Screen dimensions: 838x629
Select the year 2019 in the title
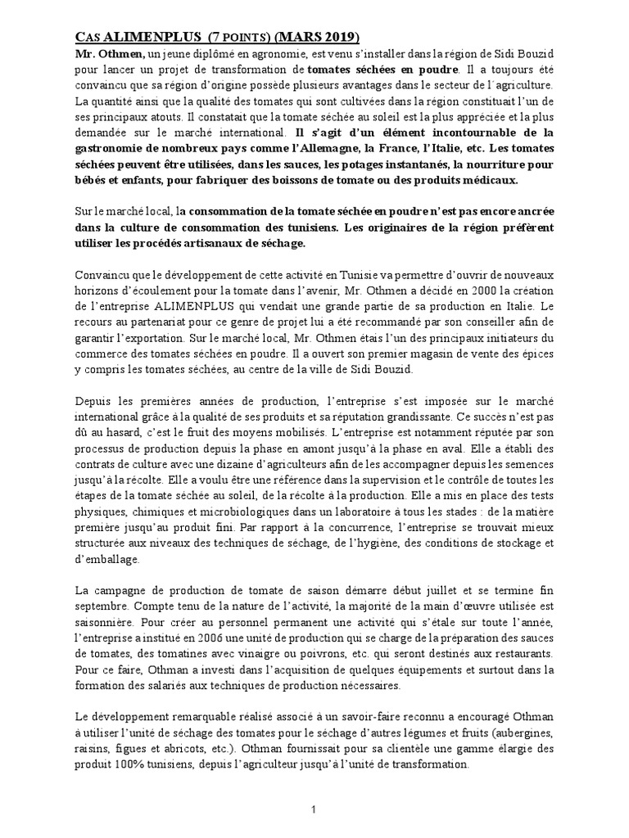[x=338, y=38]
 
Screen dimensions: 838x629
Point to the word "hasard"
[x=116, y=433]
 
